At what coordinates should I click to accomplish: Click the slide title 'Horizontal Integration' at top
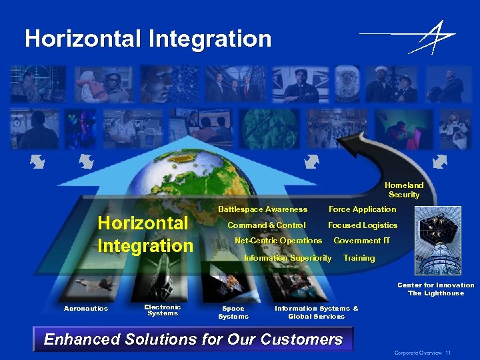click(148, 39)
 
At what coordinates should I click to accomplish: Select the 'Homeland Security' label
click(404, 190)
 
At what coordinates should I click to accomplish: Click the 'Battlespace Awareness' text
click(263, 209)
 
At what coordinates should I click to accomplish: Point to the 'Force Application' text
click(362, 209)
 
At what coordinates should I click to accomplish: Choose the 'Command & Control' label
click(267, 225)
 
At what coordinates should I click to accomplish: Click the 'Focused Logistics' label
click(362, 225)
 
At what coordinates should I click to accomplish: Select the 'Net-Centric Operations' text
click(279, 241)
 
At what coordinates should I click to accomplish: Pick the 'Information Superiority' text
click(288, 258)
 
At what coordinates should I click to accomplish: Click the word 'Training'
click(359, 258)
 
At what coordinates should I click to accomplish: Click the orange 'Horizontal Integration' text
click(145, 234)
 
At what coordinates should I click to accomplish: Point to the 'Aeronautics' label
click(85, 309)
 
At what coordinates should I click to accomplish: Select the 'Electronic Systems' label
click(163, 310)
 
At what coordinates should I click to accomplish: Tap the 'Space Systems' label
click(233, 312)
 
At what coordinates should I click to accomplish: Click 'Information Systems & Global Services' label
click(317, 312)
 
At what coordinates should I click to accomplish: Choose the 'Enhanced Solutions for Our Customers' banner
click(193, 339)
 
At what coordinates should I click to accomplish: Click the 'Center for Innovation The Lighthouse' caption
click(436, 289)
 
